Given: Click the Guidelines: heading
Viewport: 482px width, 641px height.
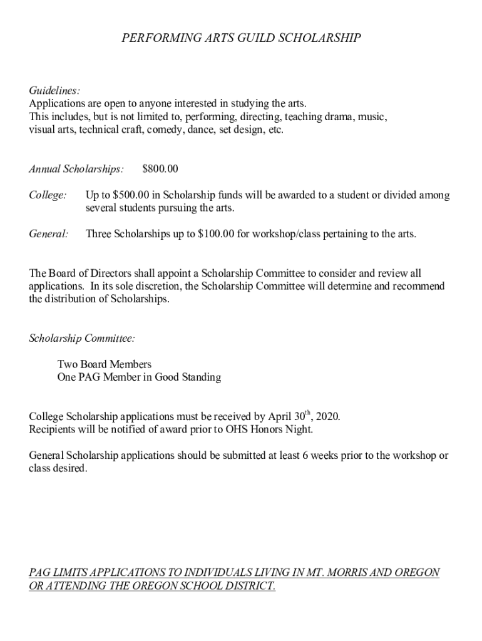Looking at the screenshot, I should tap(54, 91).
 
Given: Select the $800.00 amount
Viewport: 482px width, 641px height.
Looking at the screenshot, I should tap(160, 169).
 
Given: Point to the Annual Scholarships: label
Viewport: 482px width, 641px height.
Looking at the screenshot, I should tap(76, 169).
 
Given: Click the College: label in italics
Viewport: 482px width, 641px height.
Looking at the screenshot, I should tap(48, 195).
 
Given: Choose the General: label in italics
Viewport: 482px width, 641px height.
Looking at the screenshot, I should tap(49, 234).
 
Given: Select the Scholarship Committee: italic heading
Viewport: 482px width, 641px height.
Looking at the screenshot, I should tap(82, 339).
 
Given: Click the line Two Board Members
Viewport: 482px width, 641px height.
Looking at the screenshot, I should tap(104, 364).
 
